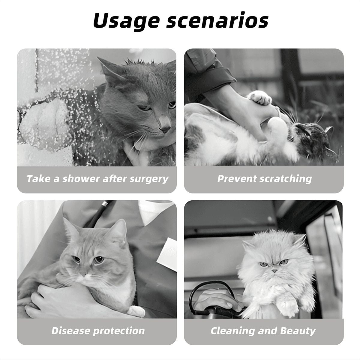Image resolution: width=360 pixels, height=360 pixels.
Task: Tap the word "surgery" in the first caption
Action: [149, 179]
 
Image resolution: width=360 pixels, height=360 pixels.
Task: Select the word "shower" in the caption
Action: [81, 179]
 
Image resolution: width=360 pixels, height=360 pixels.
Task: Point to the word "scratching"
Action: [286, 179]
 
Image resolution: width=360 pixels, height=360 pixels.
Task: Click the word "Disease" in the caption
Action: [70, 331]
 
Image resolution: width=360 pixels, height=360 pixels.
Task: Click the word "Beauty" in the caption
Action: [298, 331]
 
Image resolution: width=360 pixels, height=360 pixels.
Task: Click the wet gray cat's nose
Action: [165, 129]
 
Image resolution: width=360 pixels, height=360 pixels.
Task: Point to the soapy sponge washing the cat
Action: [42, 123]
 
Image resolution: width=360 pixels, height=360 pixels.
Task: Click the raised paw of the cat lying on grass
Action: [259, 97]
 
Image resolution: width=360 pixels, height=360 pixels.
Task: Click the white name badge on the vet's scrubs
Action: [167, 254]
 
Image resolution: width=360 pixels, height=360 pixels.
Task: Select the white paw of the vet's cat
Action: [137, 311]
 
